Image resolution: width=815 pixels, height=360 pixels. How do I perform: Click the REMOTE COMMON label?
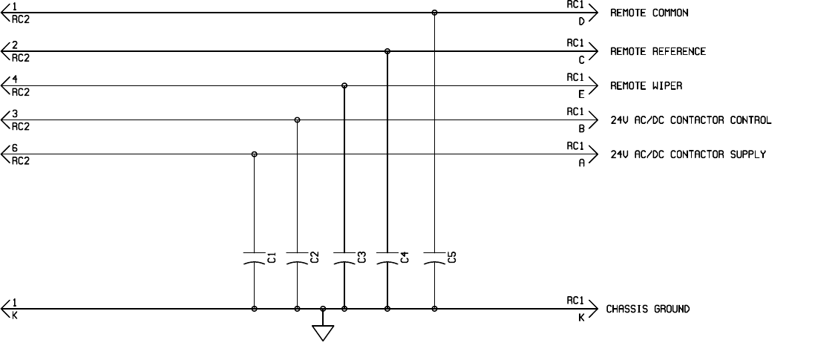coord(649,13)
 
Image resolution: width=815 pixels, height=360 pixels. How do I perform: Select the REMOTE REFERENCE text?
coord(658,51)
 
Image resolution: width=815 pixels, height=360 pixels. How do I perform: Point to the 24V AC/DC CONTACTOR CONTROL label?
coord(690,120)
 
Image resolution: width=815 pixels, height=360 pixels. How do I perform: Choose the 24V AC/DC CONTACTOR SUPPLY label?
coord(688,154)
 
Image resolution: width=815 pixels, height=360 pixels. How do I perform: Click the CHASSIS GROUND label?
coord(647,309)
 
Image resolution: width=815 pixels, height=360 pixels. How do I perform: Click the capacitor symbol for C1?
coord(255,259)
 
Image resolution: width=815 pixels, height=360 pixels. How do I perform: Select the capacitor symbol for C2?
coord(298,259)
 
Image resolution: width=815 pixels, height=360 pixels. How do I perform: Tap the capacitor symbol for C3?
coord(344,259)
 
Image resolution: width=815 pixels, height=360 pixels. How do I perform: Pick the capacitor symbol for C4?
coord(387,259)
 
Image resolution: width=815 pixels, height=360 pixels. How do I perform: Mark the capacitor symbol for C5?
coord(434,259)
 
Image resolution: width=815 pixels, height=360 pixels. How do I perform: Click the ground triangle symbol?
coord(322,332)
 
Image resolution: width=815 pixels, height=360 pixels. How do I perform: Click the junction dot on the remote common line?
coord(434,13)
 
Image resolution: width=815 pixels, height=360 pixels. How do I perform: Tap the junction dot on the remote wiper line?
coord(344,86)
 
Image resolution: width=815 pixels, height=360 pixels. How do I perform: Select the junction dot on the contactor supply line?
coord(255,154)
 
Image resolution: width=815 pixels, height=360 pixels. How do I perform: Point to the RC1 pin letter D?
coord(582,22)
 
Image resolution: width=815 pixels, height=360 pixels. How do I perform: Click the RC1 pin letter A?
coord(582,163)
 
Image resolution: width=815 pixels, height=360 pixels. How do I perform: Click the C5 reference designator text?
coord(452,258)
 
